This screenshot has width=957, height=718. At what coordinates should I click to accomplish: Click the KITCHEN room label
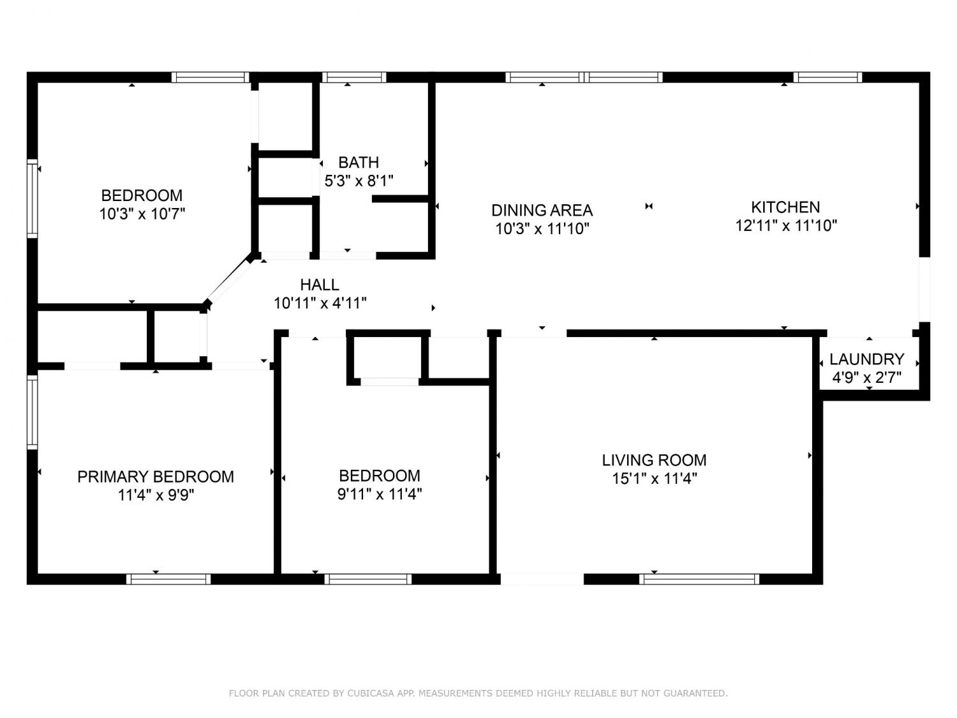785,207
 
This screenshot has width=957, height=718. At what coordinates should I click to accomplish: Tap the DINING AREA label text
542,211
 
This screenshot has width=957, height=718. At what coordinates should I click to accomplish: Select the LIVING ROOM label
654,460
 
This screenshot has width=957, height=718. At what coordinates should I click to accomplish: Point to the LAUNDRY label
867,359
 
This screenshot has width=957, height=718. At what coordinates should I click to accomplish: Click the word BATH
359,163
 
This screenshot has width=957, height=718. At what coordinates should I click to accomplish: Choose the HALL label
320,285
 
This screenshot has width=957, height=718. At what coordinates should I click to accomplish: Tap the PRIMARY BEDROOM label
156,477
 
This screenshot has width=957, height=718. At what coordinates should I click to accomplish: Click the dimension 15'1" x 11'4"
655,479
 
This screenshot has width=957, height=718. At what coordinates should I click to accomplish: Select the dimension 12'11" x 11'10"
786,226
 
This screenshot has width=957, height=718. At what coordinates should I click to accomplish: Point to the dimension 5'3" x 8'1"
359,181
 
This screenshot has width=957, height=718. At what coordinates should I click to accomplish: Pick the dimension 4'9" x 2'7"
867,377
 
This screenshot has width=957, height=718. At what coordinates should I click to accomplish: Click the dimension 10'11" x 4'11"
320,303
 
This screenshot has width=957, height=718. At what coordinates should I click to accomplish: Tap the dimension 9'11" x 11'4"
380,495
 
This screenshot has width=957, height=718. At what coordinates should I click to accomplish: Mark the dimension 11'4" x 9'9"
156,496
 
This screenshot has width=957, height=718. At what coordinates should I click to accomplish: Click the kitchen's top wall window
827,78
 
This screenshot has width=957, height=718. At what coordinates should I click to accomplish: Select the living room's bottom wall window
699,580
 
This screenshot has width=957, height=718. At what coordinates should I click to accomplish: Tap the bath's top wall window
354,78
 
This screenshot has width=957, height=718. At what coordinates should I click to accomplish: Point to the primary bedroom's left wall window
33,412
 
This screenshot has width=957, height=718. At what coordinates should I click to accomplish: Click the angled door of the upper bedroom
228,280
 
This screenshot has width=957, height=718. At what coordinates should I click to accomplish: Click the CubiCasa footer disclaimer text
478,693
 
